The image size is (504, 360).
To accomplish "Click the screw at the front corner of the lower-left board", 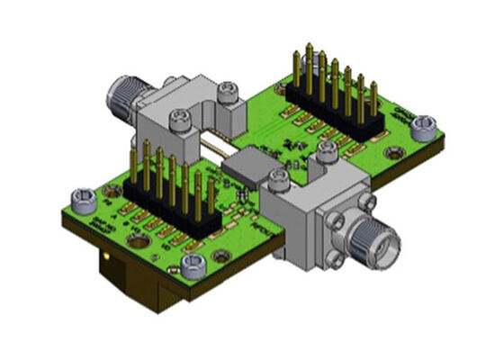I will click(193, 265).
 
